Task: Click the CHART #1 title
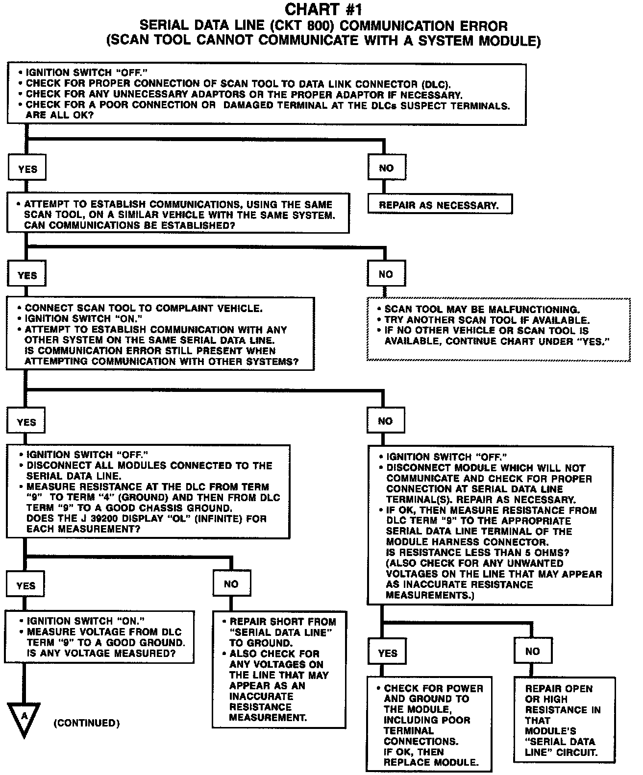pos(323,9)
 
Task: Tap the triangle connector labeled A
pos(24,718)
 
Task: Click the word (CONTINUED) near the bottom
pos(86,723)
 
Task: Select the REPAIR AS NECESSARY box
pos(439,205)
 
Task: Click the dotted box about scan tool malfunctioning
pos(498,326)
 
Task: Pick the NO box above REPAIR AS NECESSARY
pos(387,168)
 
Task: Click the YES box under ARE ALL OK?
pos(27,169)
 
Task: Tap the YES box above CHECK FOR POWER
pos(388,653)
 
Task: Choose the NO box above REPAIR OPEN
pos(532,651)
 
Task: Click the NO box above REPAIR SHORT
pos(231,584)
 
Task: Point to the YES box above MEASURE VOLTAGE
pos(26,585)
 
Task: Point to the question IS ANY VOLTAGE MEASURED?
pos(101,653)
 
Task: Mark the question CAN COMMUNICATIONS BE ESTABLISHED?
pos(129,226)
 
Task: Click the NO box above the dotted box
pos(386,274)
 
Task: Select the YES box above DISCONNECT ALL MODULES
pos(26,422)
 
